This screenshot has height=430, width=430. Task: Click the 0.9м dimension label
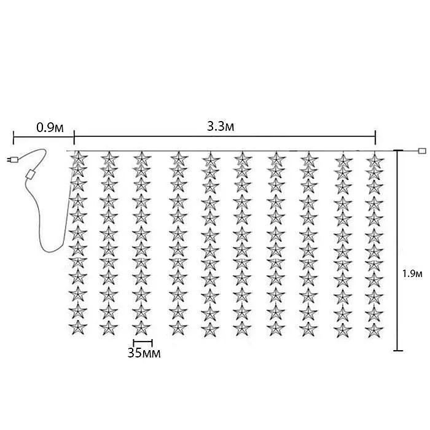pos(50,128)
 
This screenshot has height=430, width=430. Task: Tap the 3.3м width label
pos(221,127)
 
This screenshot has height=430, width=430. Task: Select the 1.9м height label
pos(412,273)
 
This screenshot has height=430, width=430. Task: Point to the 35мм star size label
pos(144,353)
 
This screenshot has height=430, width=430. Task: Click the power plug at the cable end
pos(12,159)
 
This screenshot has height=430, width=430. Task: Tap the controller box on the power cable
pos(31,174)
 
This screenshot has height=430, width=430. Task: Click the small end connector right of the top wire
pos(422,150)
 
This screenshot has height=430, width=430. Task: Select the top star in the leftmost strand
pos(79,158)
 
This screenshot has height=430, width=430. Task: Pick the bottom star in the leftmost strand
pos(78,327)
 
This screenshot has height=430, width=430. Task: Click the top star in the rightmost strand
pos(375,159)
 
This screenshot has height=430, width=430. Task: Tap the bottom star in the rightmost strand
pos(374,330)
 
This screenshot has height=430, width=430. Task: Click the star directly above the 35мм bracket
pos(141,327)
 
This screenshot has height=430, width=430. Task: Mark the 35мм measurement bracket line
pos(143,343)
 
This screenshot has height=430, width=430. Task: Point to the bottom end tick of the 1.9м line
pos(398,351)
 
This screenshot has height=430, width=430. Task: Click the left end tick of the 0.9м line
pos(14,138)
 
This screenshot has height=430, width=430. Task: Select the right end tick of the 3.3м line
pos(375,136)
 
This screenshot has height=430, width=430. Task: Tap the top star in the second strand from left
pos(109,158)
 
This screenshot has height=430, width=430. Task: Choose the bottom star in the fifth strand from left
pos(210,329)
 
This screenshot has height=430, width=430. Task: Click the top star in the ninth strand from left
pos(343,160)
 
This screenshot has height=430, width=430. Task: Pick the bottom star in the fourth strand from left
pos(178,327)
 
